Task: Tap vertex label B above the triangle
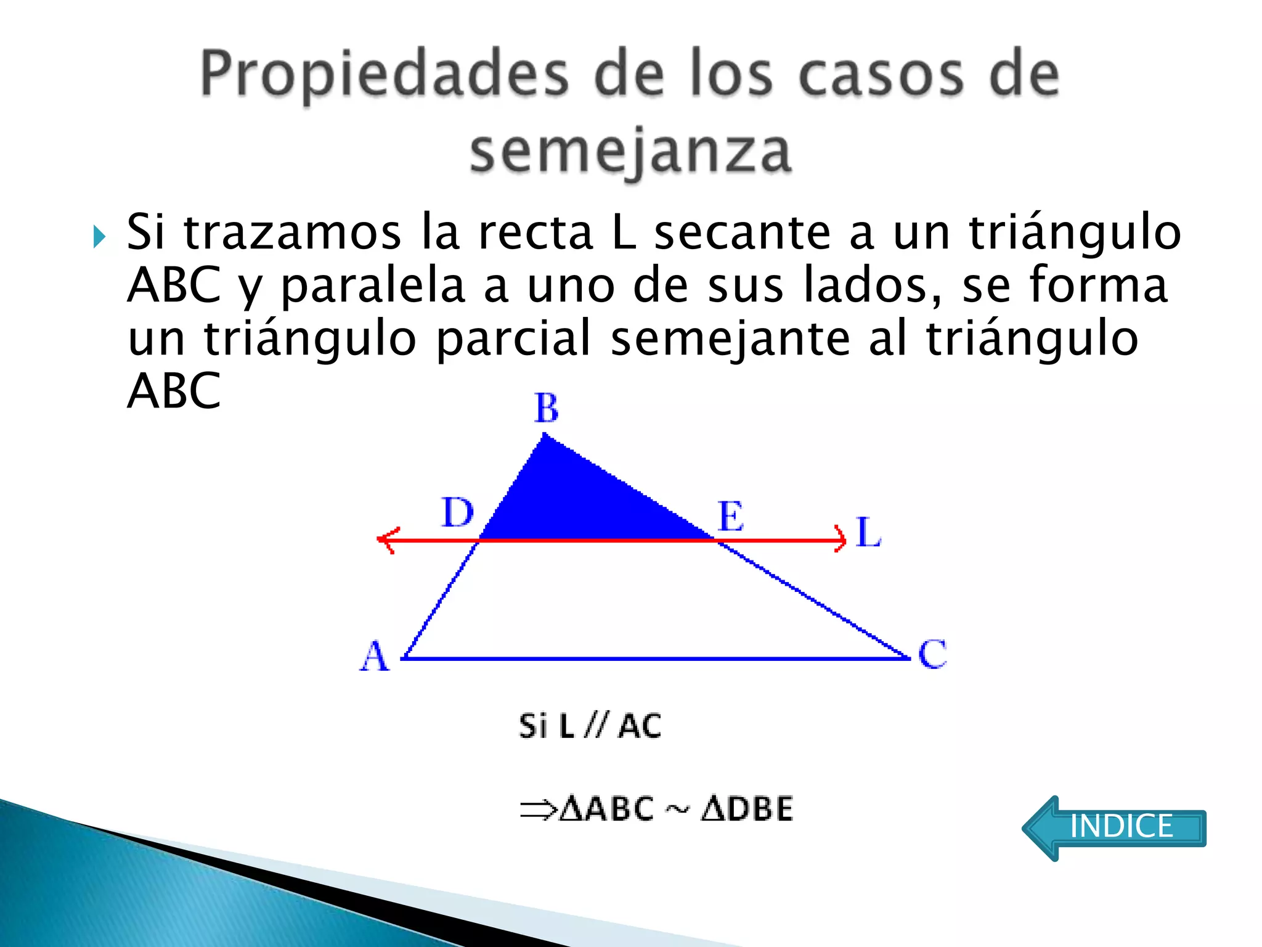pos(547,408)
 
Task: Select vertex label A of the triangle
pos(375,656)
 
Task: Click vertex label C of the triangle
pos(932,654)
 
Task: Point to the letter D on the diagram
pos(458,512)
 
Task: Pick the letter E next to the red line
pos(731,516)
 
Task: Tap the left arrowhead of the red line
pos(387,540)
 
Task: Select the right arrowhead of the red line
pos(841,539)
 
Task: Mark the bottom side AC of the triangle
pos(653,658)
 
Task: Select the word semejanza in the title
pos(630,152)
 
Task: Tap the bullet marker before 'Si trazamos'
pos(99,237)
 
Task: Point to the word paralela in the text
pos(372,285)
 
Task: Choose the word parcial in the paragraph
pos(514,338)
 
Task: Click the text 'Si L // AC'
pos(590,726)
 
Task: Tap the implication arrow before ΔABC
pos(538,810)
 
